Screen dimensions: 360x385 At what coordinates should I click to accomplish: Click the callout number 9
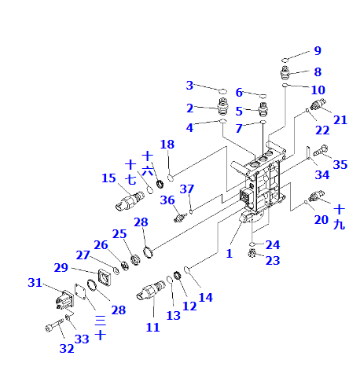tap(318, 50)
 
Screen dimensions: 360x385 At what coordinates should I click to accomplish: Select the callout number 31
tap(35, 282)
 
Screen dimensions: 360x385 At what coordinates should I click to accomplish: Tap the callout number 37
tap(187, 189)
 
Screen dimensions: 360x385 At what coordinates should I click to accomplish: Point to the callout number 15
tap(108, 178)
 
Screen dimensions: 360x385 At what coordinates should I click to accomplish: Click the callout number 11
tap(152, 327)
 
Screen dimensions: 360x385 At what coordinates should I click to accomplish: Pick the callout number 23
tap(273, 260)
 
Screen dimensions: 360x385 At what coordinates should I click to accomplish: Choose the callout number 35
tap(340, 164)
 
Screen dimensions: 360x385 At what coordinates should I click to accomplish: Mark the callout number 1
tap(230, 253)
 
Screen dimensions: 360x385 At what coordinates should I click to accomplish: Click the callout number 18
tap(167, 144)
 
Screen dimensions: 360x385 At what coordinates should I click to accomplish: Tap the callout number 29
tap(61, 268)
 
